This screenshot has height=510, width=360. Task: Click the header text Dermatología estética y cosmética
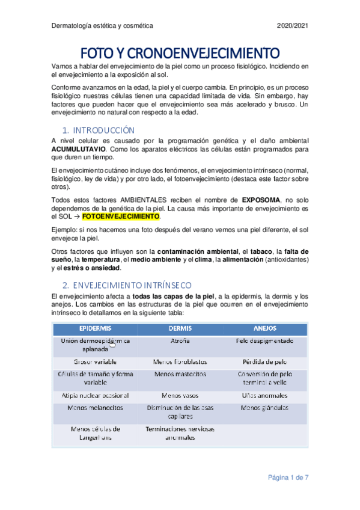102,26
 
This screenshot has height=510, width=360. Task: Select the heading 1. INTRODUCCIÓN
99,130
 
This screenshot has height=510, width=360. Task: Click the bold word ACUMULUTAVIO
79,149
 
